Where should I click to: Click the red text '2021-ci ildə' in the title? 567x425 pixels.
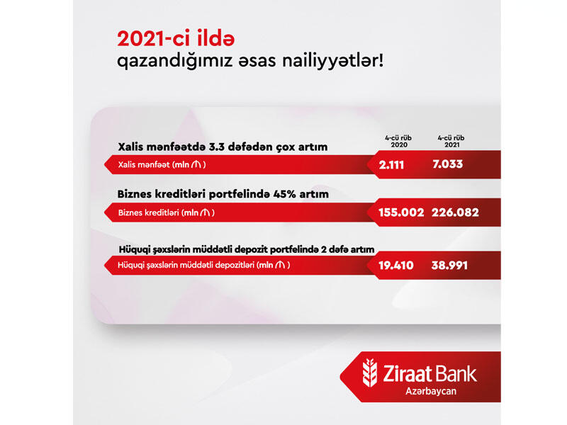(x=176, y=39)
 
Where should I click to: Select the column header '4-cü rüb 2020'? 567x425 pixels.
(x=398, y=141)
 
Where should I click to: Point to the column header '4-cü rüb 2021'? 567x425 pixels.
(x=451, y=141)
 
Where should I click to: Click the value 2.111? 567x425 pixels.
(x=391, y=165)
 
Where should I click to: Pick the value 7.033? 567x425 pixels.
(x=448, y=164)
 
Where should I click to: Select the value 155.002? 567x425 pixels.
(x=401, y=212)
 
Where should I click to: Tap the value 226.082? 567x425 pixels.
(x=455, y=212)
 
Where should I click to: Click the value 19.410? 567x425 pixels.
(x=396, y=266)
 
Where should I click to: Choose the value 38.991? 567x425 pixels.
(x=449, y=266)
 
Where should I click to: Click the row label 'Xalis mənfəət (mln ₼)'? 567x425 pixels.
(x=162, y=165)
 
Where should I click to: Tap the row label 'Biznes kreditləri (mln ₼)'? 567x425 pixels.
(x=167, y=212)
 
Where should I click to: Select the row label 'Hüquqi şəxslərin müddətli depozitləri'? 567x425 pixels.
(x=186, y=265)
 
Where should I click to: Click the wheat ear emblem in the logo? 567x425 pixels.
(x=369, y=373)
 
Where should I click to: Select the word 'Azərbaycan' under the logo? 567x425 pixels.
(x=431, y=392)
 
